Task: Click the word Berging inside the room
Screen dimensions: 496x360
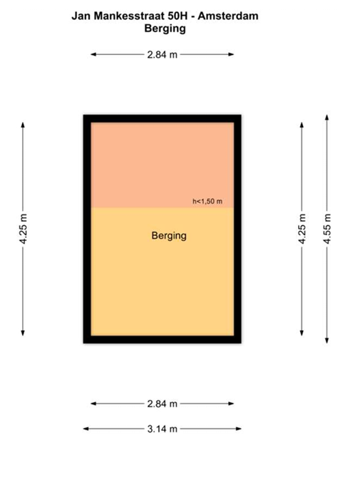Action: (x=169, y=235)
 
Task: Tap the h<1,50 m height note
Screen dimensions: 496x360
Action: (x=207, y=202)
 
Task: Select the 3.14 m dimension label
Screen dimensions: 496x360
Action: (x=163, y=429)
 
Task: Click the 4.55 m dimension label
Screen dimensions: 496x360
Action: (x=327, y=229)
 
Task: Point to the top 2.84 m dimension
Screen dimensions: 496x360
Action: (x=163, y=54)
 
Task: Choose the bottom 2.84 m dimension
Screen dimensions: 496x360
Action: (x=163, y=404)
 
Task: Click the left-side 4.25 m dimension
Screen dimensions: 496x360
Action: (x=24, y=229)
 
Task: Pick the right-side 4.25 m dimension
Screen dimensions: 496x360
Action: (x=302, y=229)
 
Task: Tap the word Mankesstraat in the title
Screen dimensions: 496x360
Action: (x=125, y=15)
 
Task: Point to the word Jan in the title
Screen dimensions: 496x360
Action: (x=81, y=15)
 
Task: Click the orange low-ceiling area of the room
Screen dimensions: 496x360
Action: (x=163, y=164)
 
